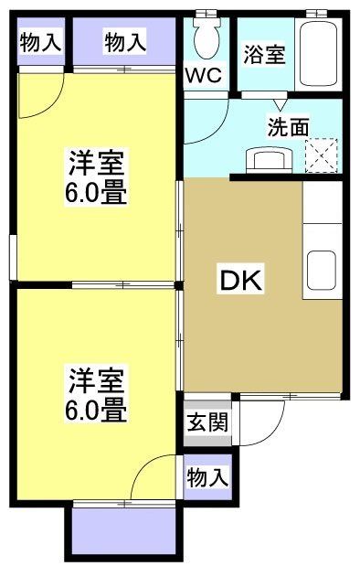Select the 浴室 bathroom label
coord(264,54)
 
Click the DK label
coord(239,281)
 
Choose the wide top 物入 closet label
coord(125,41)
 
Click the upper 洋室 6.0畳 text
coord(95,180)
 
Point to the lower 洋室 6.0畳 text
coord(95,393)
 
